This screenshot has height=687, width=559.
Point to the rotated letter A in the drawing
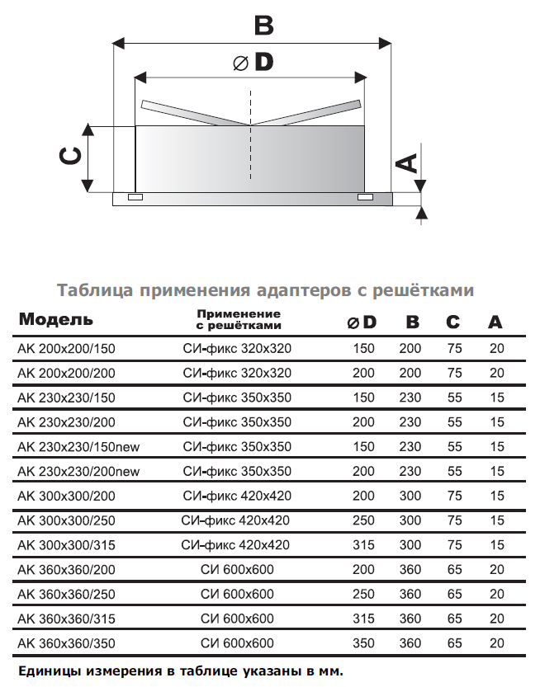click(406, 162)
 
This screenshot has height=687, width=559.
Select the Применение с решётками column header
click(239, 320)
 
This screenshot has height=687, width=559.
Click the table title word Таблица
click(95, 289)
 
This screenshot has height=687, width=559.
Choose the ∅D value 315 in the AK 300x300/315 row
click(363, 545)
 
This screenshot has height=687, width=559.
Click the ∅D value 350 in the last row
click(363, 643)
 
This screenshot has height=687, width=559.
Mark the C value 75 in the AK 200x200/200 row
click(452, 374)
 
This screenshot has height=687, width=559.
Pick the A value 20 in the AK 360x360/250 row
click(495, 595)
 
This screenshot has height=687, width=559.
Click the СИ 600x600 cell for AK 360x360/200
click(237, 570)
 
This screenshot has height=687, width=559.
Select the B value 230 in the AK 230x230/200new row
click(410, 472)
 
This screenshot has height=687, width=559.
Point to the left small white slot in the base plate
click(135, 197)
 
